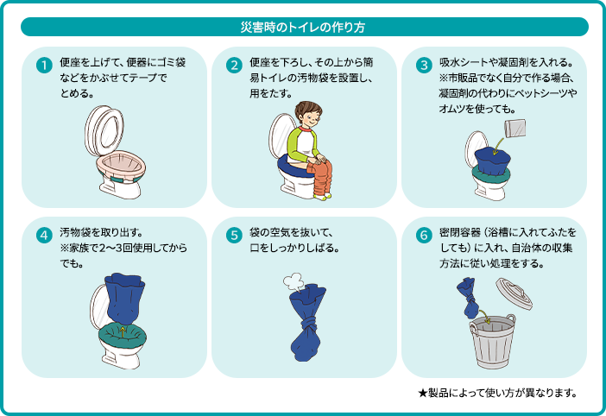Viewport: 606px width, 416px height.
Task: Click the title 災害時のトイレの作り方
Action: click(302, 28)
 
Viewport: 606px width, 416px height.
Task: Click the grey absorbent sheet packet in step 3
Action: click(516, 129)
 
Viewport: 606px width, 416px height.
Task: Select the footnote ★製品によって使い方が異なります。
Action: click(497, 394)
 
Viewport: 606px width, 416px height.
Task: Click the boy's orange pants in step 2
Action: click(320, 178)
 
